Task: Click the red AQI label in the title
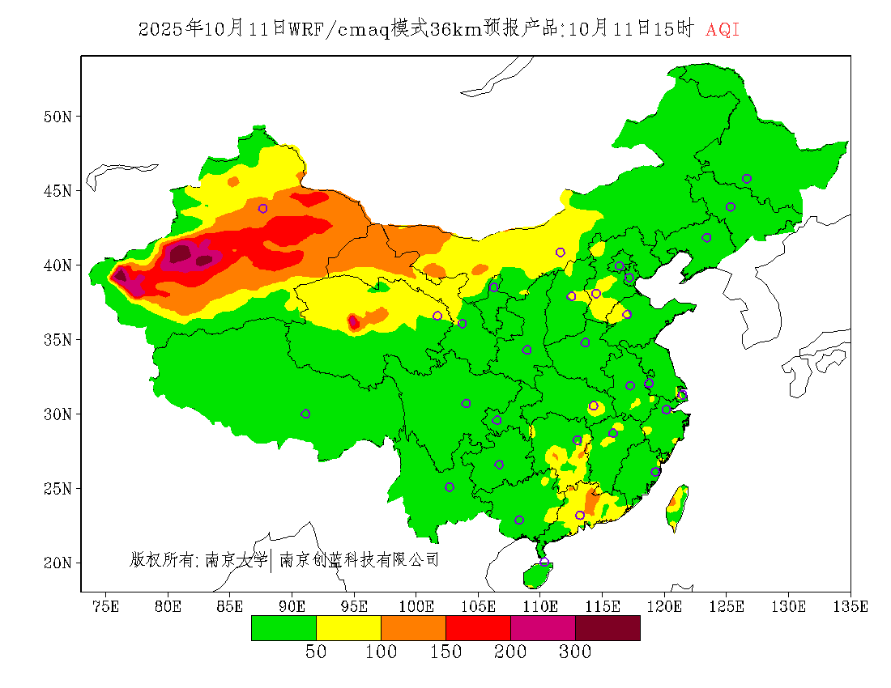pyautogui.click(x=723, y=30)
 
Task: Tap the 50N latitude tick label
pyautogui.click(x=58, y=117)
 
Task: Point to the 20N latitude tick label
pyautogui.click(x=58, y=563)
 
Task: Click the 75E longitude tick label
pyautogui.click(x=106, y=606)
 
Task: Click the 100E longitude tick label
pyautogui.click(x=416, y=606)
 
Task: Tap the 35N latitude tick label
pyautogui.click(x=58, y=340)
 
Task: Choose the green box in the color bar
pyautogui.click(x=283, y=627)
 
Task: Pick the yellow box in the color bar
pyautogui.click(x=348, y=627)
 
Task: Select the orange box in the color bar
pyautogui.click(x=413, y=627)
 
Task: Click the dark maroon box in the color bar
pyautogui.click(x=607, y=627)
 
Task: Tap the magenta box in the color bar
pyautogui.click(x=543, y=627)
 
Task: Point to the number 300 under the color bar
pyautogui.click(x=575, y=652)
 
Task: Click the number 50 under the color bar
pyautogui.click(x=316, y=652)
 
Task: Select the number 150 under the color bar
pyautogui.click(x=446, y=652)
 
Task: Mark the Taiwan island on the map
pyautogui.click(x=677, y=506)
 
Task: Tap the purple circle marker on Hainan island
pyautogui.click(x=544, y=563)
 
